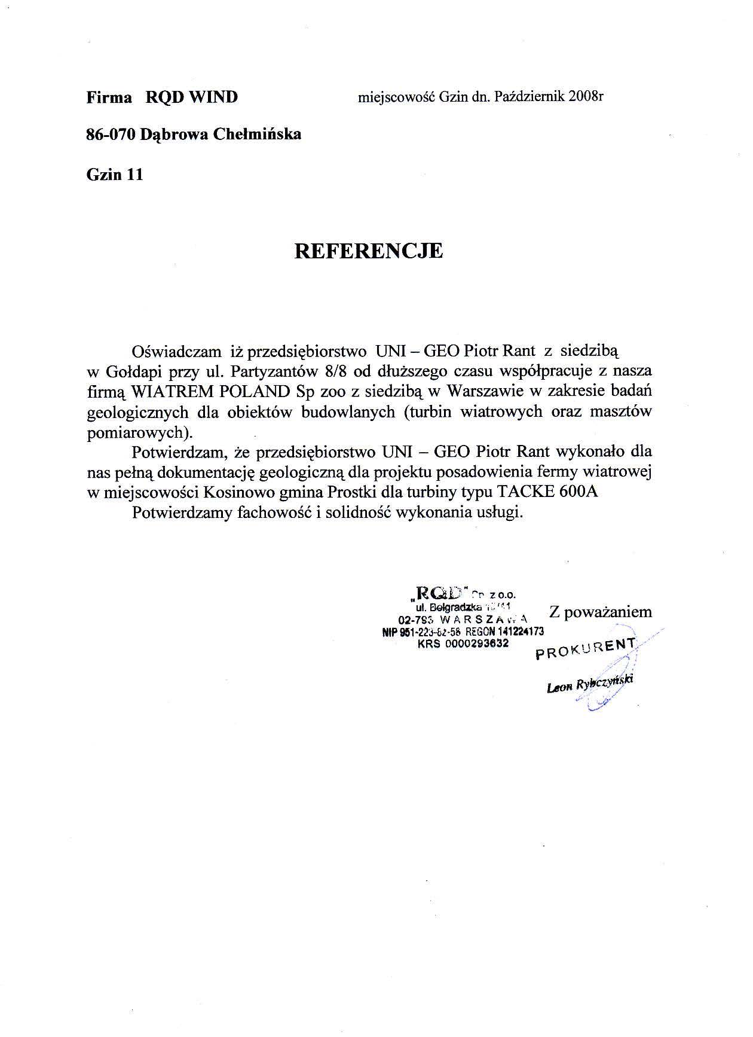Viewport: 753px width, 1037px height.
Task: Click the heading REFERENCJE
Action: [369, 251]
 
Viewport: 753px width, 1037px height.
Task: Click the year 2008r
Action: [586, 97]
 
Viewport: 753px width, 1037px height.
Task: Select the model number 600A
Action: [579, 493]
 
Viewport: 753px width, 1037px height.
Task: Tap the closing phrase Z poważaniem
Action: [600, 612]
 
